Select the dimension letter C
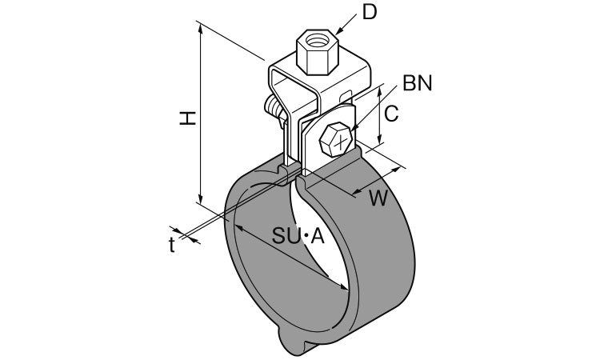390,114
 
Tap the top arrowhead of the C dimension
374,90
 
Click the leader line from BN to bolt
376,103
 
